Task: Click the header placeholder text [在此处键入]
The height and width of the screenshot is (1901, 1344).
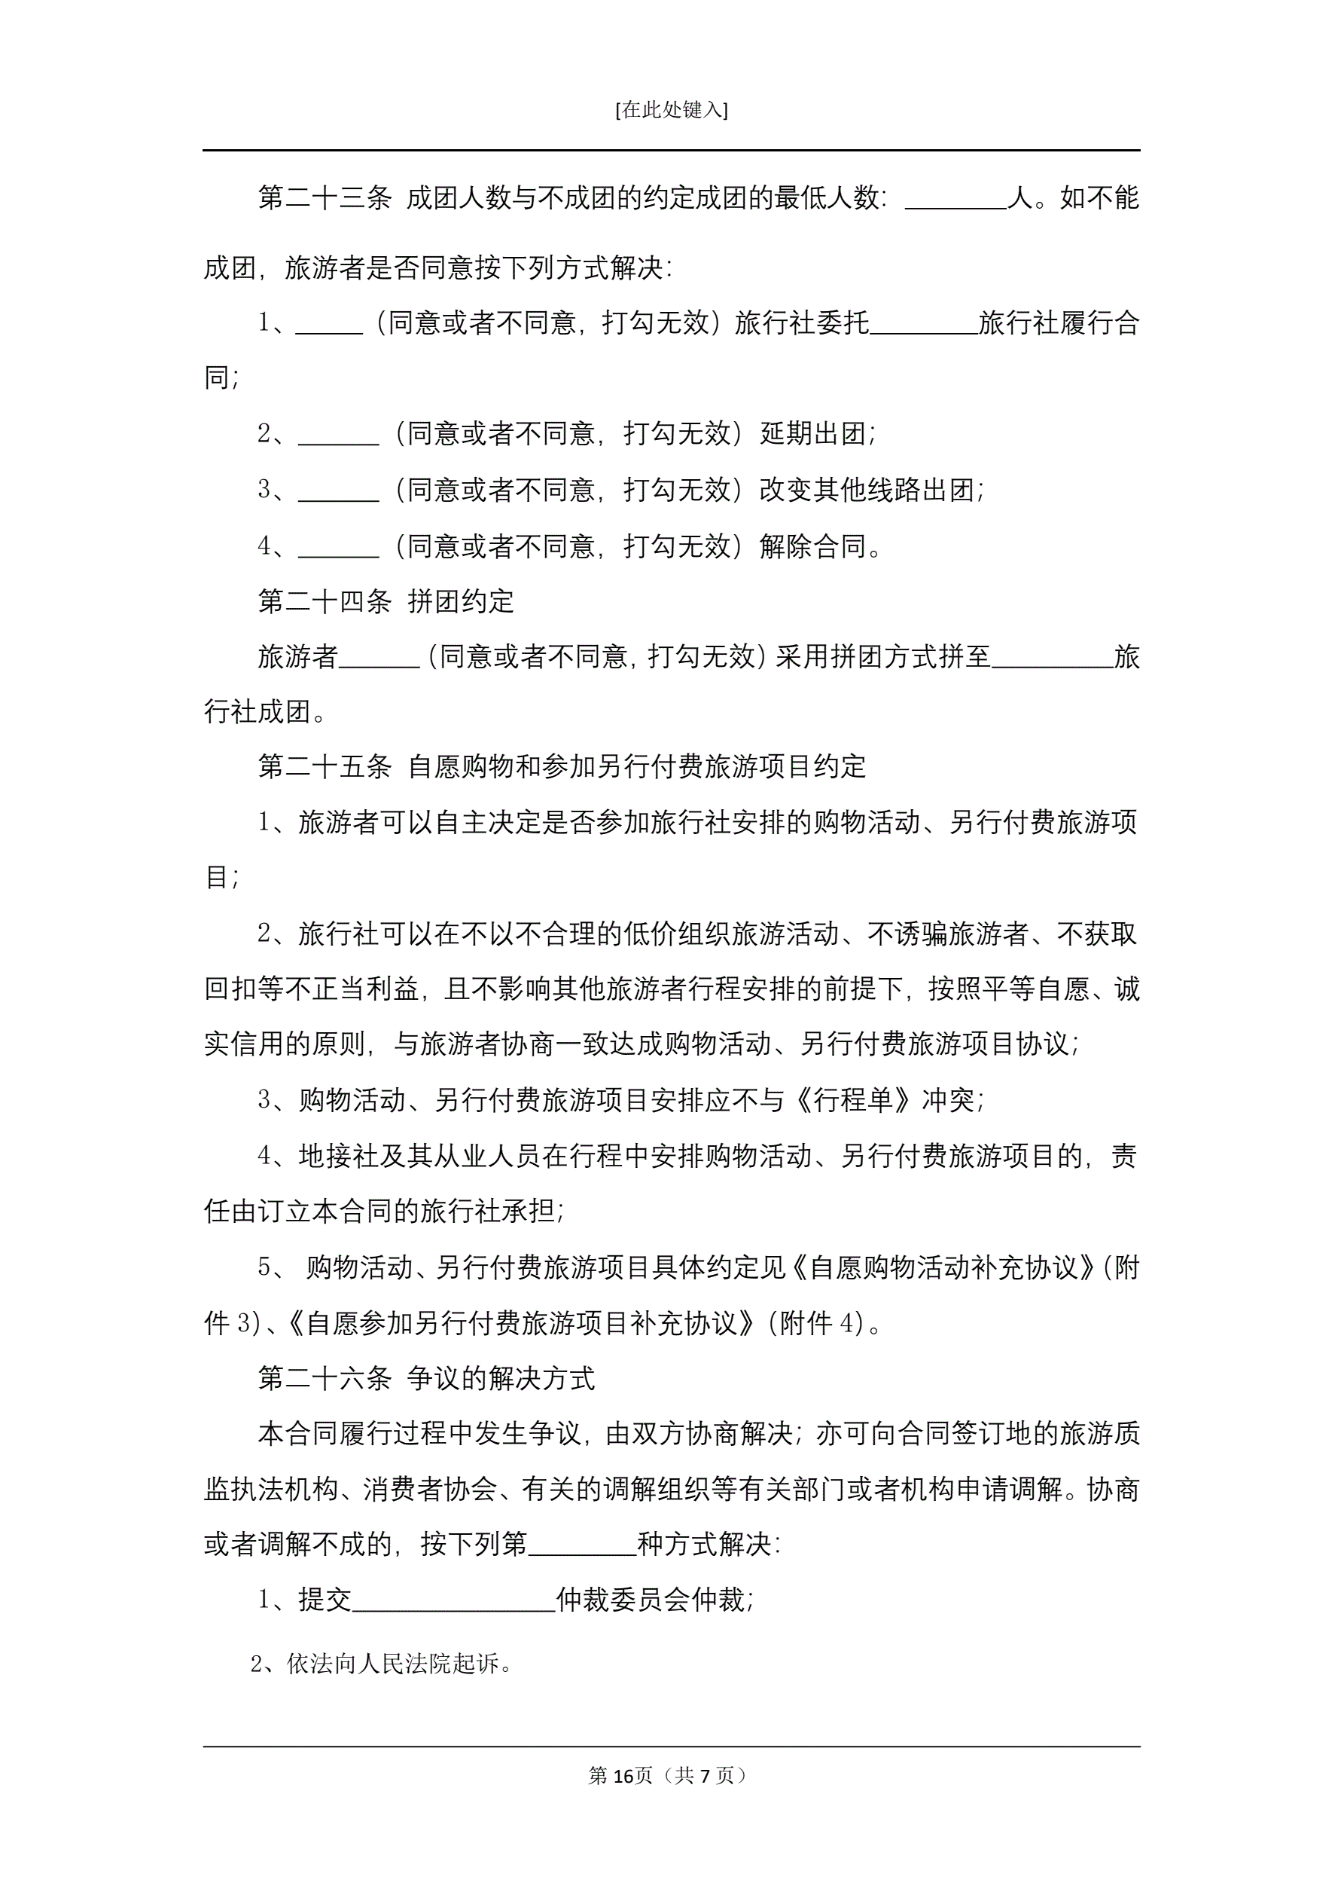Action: tap(671, 110)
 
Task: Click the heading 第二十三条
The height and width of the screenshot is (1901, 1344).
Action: tap(325, 198)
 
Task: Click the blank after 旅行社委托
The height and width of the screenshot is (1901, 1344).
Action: tap(924, 325)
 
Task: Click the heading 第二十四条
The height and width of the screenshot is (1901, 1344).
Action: tap(325, 601)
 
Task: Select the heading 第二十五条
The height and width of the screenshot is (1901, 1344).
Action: tap(325, 767)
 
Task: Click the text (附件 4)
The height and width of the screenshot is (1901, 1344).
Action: tap(824, 1323)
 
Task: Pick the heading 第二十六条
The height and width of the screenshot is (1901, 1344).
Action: tap(325, 1379)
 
